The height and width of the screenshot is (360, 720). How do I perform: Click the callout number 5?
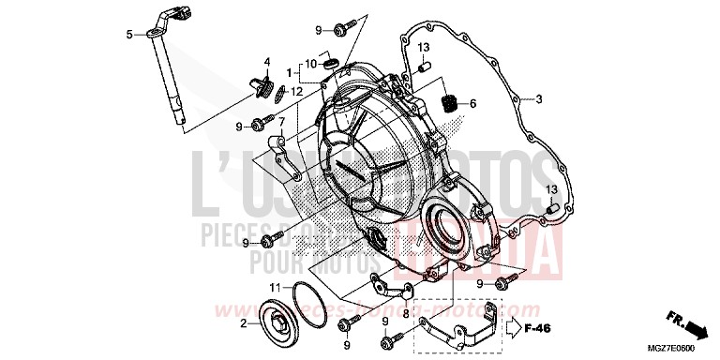tap(128, 35)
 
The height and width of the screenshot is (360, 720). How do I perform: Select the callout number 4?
tap(266, 63)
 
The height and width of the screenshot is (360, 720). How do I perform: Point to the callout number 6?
tap(473, 102)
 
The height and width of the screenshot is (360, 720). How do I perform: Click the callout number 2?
tap(243, 323)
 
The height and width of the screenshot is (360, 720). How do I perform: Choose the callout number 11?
tap(275, 286)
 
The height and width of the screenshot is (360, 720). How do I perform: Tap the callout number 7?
tap(279, 122)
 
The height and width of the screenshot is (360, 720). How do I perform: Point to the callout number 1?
tap(292, 72)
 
